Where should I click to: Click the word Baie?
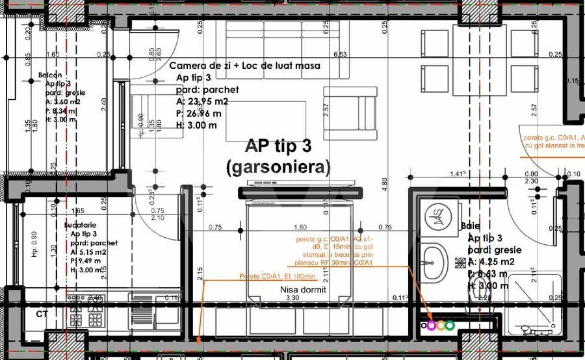(x=470, y=225)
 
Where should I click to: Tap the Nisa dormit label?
(x=303, y=290)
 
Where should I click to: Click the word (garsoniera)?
(x=278, y=167)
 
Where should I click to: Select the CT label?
(x=42, y=314)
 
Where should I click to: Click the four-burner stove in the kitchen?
(x=86, y=314)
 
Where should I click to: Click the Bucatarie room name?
(x=81, y=224)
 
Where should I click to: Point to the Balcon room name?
(x=51, y=75)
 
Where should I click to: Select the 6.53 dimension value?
(x=339, y=55)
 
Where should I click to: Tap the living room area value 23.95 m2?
(x=201, y=101)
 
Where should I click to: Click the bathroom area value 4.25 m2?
(x=490, y=262)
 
